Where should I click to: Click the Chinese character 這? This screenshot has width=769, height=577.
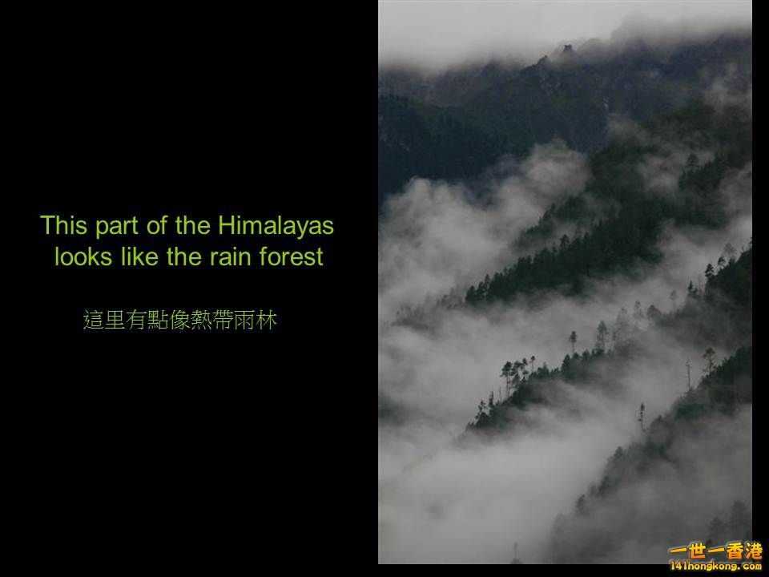(x=94, y=321)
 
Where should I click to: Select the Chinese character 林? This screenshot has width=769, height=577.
(x=267, y=321)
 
